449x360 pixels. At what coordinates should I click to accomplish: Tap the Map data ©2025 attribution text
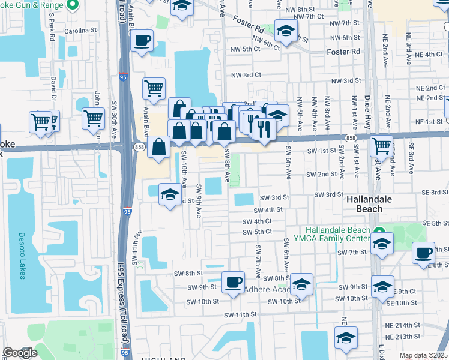(423, 355)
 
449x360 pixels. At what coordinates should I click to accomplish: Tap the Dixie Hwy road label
(367, 112)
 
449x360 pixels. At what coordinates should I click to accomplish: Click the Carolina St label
(82, 30)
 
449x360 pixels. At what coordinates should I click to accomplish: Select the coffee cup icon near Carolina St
(142, 41)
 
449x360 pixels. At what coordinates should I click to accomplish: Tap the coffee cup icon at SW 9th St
(233, 281)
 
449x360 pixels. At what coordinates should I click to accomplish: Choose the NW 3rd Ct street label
(246, 75)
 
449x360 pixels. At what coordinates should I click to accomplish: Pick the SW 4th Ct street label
(258, 221)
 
